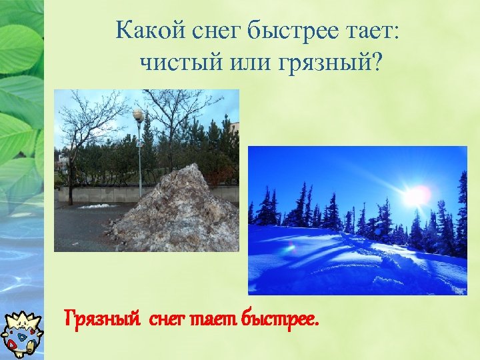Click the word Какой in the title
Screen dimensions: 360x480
click(144, 31)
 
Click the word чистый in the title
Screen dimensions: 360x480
click(175, 63)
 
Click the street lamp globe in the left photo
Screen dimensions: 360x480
click(139, 115)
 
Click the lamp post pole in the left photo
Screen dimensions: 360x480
click(139, 160)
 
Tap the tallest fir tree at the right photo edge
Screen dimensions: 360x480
click(461, 213)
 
